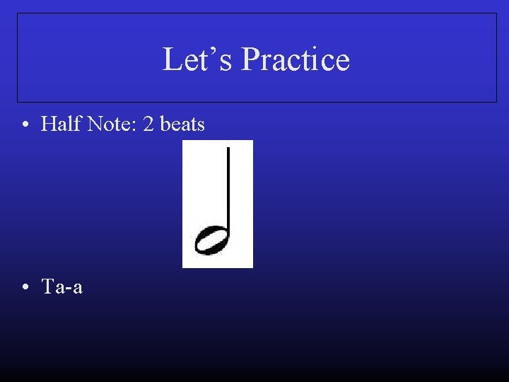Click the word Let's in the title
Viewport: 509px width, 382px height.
coord(199,59)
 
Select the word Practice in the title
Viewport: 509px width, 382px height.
coord(295,59)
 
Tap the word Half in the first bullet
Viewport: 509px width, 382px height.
coord(59,125)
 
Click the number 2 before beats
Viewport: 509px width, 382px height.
coord(148,125)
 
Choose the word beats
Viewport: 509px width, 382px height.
coord(183,125)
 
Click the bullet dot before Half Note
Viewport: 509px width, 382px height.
coord(25,125)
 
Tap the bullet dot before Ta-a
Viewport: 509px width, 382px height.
coord(25,288)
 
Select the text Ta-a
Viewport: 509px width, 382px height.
coord(62,287)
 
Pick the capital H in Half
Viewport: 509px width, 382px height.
coord(48,125)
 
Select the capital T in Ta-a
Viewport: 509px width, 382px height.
coord(47,287)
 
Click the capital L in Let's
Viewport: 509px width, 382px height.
coord(171,59)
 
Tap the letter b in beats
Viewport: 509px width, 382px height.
coord(165,125)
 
